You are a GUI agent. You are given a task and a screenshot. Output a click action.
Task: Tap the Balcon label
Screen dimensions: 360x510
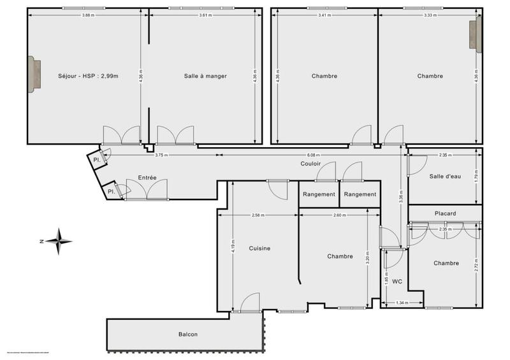[187, 335]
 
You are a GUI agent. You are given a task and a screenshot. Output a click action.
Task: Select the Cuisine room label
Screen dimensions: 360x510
[259, 248]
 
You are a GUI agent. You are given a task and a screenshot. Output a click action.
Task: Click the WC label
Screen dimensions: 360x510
[397, 280]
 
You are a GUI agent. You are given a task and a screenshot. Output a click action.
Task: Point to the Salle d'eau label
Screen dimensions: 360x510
[444, 176]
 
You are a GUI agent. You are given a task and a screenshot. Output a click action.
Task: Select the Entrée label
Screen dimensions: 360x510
[147, 178]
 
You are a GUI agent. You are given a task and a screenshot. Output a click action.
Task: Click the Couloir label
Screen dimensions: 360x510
[310, 164]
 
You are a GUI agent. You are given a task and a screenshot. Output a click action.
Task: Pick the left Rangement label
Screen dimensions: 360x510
[319, 194]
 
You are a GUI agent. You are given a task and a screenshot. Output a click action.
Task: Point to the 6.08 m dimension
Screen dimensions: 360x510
[314, 155]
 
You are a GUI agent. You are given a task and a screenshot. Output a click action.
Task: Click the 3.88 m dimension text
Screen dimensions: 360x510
[89, 15]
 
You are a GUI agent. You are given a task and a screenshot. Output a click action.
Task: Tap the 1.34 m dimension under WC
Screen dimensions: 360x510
[402, 303]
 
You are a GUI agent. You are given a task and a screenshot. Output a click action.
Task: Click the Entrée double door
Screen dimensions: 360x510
[146, 191]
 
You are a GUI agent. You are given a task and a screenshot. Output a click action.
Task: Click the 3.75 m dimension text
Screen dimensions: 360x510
[164, 155]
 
